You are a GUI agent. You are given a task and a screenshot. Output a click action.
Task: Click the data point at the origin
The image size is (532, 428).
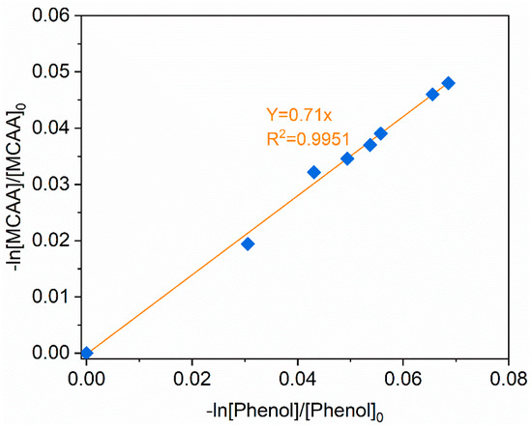(86, 353)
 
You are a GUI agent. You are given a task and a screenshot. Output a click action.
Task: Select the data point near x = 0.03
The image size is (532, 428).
(248, 243)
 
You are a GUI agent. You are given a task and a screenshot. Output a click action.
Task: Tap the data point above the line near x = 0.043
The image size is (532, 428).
(313, 172)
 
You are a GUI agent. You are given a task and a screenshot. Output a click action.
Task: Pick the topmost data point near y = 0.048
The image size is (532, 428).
(448, 83)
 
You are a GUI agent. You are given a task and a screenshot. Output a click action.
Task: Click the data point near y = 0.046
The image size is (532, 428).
(432, 94)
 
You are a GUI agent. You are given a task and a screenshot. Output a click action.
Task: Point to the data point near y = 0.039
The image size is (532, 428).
(381, 133)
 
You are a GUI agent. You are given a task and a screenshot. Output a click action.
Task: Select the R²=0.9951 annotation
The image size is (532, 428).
(302, 140)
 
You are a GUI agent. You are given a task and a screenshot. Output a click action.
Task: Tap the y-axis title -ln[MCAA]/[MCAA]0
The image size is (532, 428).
(16, 185)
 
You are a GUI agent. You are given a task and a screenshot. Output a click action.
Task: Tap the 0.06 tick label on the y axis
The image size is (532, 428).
(56, 15)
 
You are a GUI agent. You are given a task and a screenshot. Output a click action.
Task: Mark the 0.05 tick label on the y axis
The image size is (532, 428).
(56, 71)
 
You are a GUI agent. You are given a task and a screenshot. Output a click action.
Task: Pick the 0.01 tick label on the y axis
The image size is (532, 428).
(56, 297)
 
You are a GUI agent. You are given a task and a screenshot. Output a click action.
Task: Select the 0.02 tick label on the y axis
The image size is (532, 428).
(56, 241)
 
